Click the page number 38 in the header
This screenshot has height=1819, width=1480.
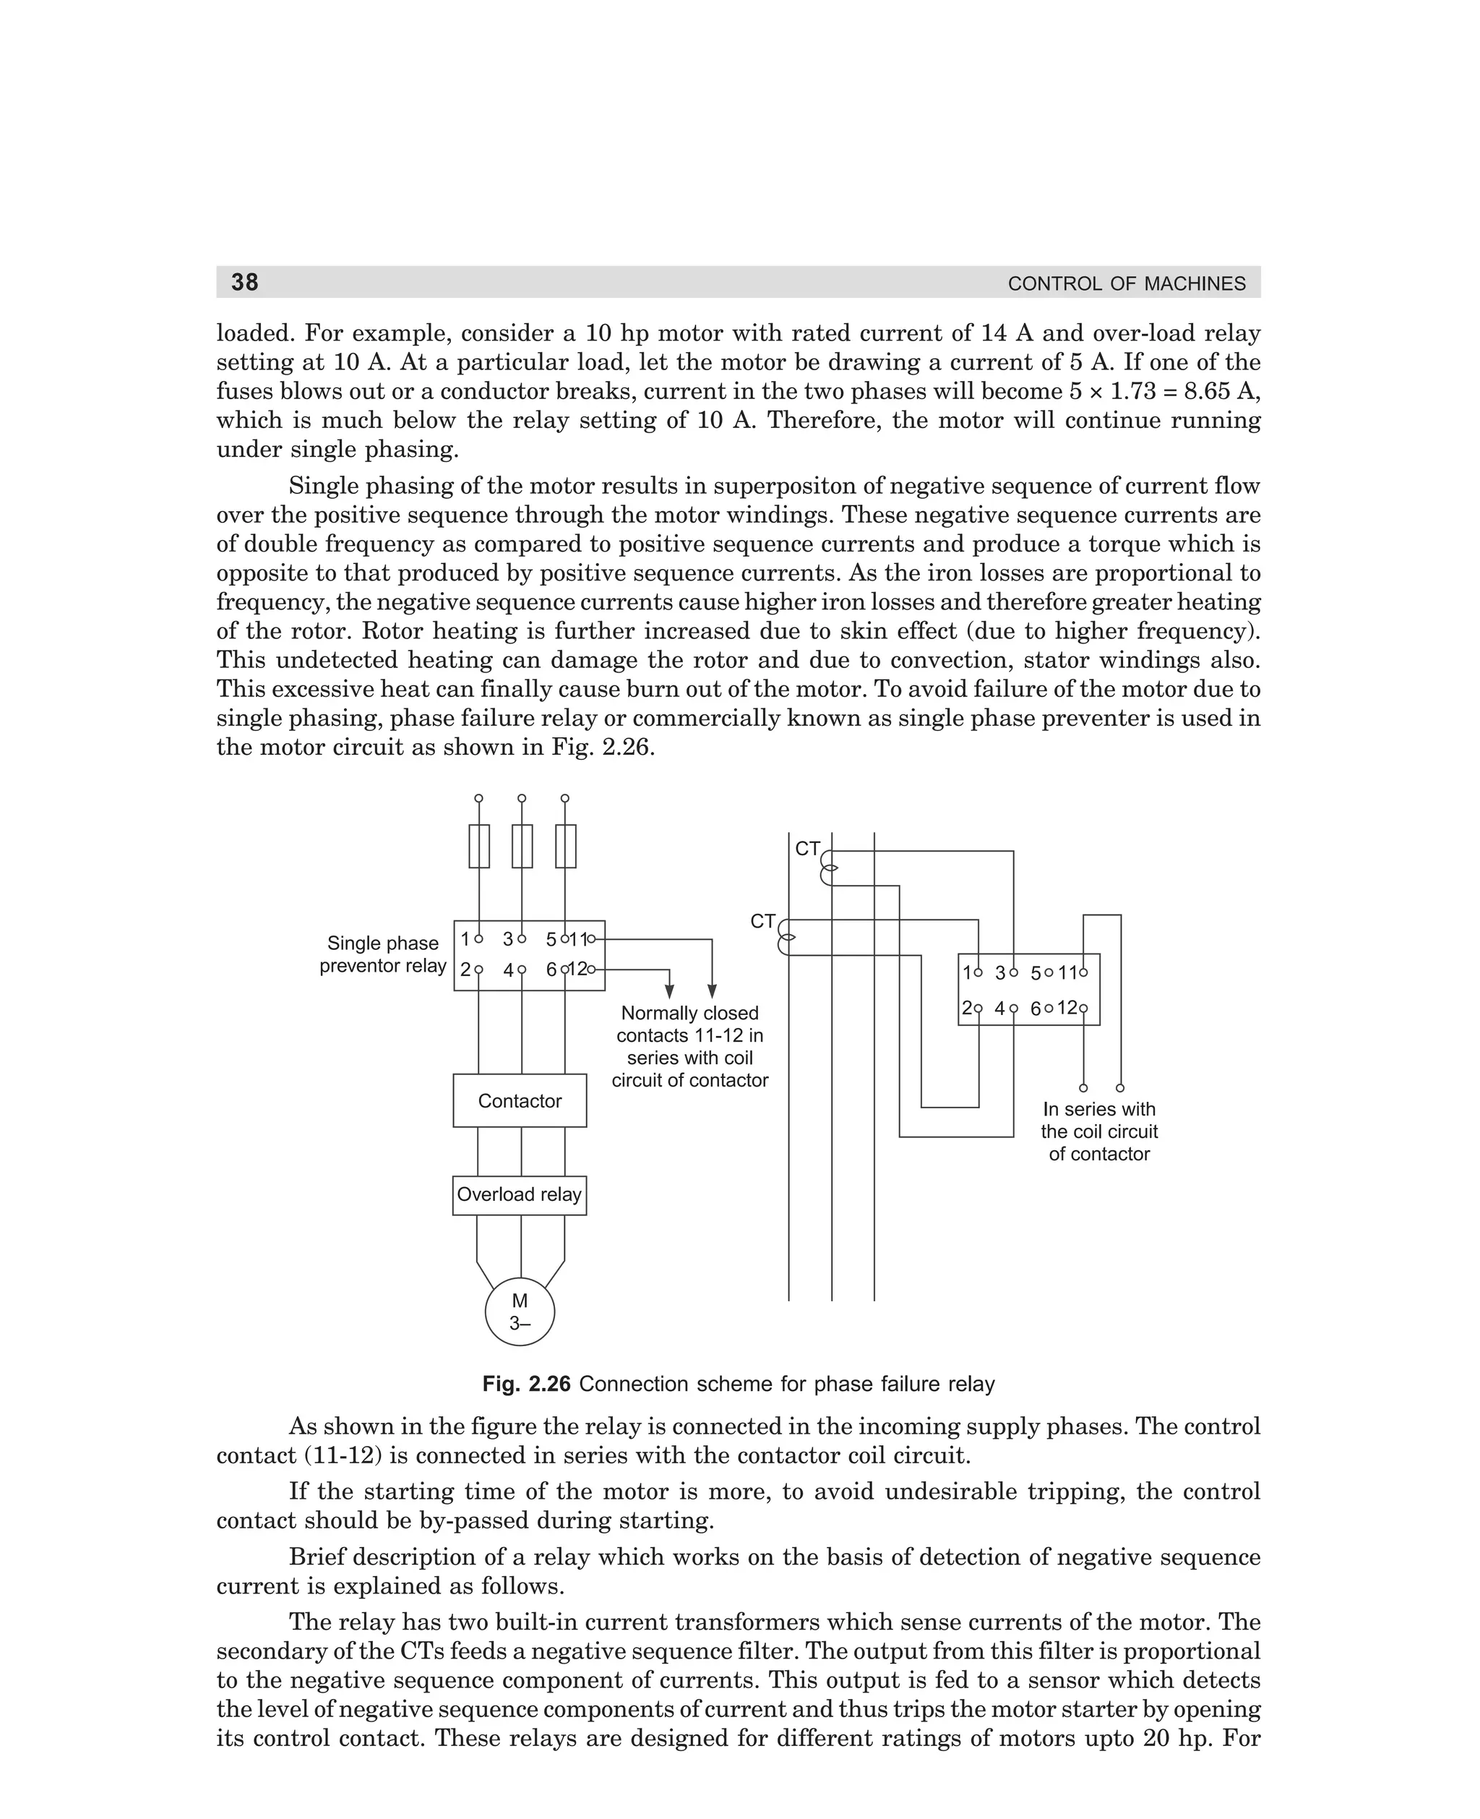tap(245, 282)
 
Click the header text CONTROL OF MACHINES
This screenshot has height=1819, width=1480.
tap(1126, 284)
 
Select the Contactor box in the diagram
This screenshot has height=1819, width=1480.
tap(519, 1101)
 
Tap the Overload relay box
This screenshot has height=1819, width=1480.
tap(519, 1195)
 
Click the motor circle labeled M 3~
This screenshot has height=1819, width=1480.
tap(519, 1312)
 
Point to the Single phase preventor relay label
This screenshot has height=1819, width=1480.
tap(383, 954)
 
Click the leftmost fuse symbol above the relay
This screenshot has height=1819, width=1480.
tap(479, 846)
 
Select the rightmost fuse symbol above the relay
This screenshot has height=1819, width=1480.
tap(565, 846)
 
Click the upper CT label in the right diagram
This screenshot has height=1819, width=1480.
tap(806, 849)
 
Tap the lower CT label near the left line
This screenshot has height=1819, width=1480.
tap(762, 922)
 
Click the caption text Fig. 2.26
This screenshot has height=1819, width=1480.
tap(525, 1384)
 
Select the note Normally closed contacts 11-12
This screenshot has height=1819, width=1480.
tap(689, 1046)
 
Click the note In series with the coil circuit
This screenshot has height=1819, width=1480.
tap(1099, 1131)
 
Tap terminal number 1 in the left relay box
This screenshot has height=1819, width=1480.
tap(465, 939)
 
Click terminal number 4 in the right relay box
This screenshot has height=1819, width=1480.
tap(1001, 1008)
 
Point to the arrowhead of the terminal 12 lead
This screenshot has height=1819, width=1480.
tap(669, 991)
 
